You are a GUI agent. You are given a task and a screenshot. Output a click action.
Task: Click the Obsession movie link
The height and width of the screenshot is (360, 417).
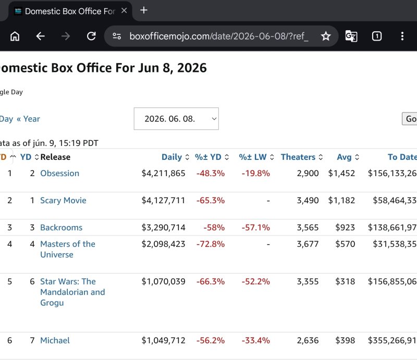[x=59, y=173]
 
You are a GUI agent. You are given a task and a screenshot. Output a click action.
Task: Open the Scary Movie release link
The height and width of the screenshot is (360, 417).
[x=63, y=201]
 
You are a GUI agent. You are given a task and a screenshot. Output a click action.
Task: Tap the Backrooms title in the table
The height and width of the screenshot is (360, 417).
[x=61, y=228]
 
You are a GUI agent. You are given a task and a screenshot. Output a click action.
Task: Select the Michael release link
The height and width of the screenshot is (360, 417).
[x=55, y=341]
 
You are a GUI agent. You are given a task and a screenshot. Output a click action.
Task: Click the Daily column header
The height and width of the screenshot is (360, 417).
[x=172, y=157]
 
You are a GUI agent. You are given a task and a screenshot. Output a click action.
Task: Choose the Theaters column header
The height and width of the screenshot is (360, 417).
[x=298, y=157]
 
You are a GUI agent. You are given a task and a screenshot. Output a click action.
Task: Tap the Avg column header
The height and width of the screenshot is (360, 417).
[x=344, y=157]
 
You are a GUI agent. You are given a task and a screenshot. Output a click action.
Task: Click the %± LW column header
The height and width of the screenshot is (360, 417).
[x=253, y=157]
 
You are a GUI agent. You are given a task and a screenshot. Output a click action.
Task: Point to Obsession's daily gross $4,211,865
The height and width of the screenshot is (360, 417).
[x=163, y=173]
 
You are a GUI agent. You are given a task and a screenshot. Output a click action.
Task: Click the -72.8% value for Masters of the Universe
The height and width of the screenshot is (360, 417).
[x=211, y=244]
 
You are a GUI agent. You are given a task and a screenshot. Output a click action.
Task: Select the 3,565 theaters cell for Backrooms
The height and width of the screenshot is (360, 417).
[x=308, y=228]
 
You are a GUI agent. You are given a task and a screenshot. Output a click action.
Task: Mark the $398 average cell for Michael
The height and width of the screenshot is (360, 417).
[x=345, y=341]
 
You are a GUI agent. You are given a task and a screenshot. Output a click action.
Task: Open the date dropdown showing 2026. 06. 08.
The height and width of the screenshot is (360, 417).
[x=176, y=119]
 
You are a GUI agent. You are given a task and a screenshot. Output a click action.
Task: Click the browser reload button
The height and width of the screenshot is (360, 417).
[x=91, y=36]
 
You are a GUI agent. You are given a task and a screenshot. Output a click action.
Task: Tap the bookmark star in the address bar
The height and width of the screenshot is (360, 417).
[x=326, y=36]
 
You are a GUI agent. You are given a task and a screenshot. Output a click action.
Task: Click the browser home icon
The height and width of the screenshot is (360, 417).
[x=15, y=36]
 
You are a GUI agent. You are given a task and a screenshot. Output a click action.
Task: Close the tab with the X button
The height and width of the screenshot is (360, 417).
[x=124, y=10]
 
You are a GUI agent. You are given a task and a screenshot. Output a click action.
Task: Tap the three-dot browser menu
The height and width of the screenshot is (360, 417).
[x=402, y=36]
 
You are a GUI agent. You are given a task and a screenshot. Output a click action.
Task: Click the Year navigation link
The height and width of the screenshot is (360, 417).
[x=31, y=119]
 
